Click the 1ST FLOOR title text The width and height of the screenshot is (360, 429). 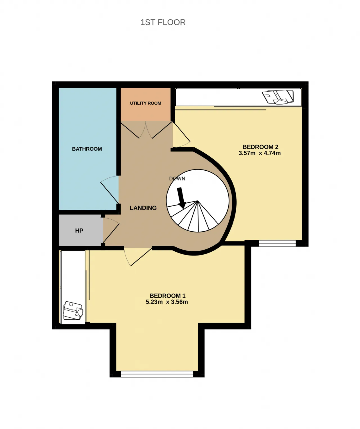point(163,22)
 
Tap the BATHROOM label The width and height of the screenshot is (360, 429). point(87,149)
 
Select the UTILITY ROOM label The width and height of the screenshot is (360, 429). point(145,103)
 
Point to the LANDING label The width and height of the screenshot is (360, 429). point(143,208)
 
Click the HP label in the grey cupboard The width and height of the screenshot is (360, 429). point(79,231)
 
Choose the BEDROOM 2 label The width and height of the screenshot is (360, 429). point(260,147)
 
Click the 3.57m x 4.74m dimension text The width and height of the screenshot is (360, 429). point(260,153)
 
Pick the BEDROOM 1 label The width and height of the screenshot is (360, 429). point(168,296)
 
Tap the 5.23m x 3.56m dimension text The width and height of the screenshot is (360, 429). point(167,302)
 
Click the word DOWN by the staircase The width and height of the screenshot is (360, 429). point(177,179)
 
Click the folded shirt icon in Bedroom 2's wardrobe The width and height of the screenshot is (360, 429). point(278,97)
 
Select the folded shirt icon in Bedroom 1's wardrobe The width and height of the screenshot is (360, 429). point(73,310)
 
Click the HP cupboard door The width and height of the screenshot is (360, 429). point(111,230)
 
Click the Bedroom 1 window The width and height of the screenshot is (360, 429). point(157,374)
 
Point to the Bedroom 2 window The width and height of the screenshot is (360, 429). point(277,243)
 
